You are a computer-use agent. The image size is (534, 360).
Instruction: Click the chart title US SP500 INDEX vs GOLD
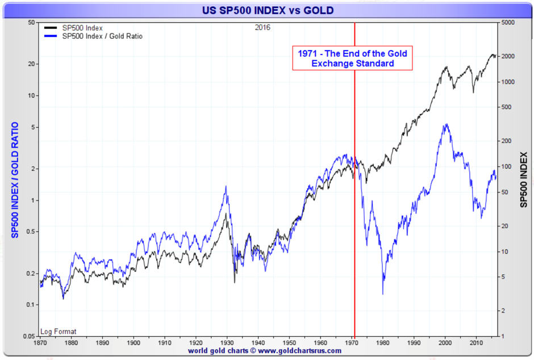pyautogui.click(x=268, y=10)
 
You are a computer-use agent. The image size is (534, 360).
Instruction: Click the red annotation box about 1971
pyautogui.click(x=352, y=58)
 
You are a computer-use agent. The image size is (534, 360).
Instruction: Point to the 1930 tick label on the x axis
pyautogui.click(x=227, y=343)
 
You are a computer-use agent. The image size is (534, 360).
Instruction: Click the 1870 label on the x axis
pyautogui.click(x=40, y=343)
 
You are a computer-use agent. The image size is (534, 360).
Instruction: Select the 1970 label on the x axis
pyautogui.click(x=352, y=343)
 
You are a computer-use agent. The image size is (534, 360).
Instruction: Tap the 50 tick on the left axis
pyautogui.click(x=32, y=23)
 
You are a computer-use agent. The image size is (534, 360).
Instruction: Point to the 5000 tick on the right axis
pyautogui.click(x=508, y=23)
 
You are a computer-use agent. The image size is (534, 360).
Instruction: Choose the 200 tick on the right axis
pyautogui.click(x=506, y=140)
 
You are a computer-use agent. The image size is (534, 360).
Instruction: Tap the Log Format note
pyautogui.click(x=59, y=332)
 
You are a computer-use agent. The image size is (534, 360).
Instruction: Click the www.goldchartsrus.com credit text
pyautogui.click(x=265, y=351)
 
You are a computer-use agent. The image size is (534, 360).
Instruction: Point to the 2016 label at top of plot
pyautogui.click(x=262, y=27)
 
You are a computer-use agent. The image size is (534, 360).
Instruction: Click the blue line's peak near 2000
pyautogui.click(x=447, y=124)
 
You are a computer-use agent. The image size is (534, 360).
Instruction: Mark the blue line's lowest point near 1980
pyautogui.click(x=383, y=294)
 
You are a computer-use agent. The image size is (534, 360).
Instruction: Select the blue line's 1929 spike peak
pyautogui.click(x=226, y=186)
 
